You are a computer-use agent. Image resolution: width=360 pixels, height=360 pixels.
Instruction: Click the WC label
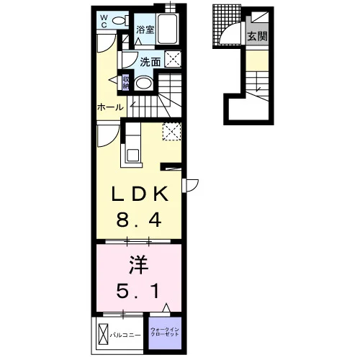tap(104, 21)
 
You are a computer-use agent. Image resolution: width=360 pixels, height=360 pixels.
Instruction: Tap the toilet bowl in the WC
tap(119, 21)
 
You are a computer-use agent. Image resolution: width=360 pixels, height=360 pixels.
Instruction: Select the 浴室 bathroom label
tap(145, 30)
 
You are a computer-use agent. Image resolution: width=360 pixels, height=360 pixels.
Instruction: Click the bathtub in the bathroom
tap(167, 29)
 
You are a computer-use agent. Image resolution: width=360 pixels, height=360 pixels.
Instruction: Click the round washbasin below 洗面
tap(143, 84)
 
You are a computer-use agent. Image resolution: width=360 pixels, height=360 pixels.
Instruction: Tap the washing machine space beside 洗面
tap(173, 59)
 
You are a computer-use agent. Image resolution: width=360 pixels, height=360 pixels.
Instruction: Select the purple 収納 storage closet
tap(126, 82)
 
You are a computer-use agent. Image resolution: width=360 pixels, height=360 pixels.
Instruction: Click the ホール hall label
tap(110, 107)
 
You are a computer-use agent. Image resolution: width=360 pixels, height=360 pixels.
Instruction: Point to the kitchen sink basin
tap(132, 156)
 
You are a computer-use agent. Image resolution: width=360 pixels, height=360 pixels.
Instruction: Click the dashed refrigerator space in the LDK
tap(171, 131)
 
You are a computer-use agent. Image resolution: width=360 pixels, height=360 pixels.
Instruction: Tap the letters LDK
tap(140, 194)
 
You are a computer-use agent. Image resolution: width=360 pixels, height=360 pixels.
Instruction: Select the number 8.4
tap(139, 220)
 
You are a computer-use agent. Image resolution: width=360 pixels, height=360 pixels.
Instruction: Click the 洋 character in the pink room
tap(139, 265)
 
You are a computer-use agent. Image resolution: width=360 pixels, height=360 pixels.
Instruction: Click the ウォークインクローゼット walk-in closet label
tap(165, 332)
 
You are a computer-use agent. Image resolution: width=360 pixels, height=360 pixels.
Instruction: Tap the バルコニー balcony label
tap(125, 335)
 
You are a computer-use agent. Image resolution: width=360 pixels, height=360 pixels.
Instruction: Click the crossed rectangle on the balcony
tap(103, 334)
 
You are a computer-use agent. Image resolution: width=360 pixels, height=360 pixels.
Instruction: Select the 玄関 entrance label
tap(257, 37)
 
